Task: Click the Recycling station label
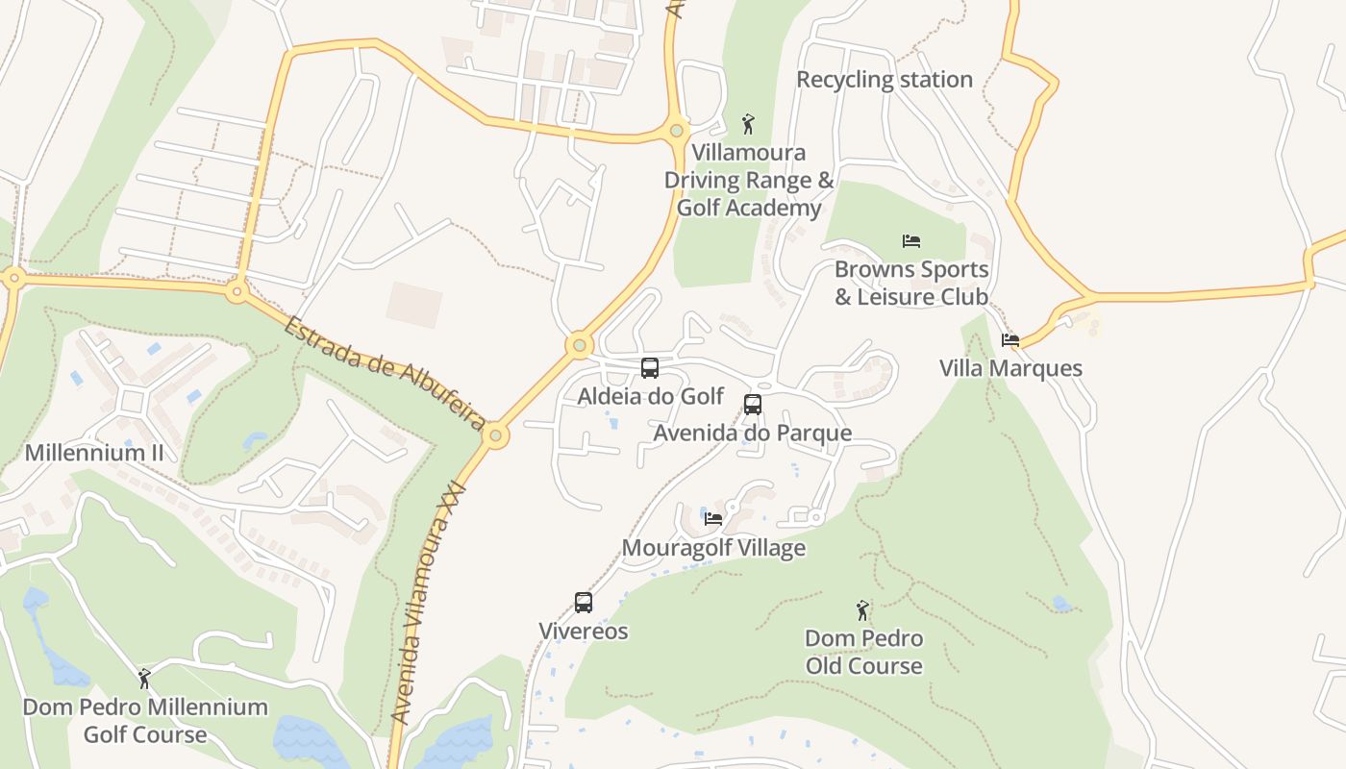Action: tap(885, 80)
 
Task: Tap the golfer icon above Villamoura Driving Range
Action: tap(748, 124)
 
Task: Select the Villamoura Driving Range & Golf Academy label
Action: tap(749, 180)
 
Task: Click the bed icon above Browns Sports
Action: tap(911, 241)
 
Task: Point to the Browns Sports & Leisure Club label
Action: tap(911, 284)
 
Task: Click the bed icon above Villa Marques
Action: tap(1009, 340)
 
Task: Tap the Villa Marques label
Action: tap(1010, 368)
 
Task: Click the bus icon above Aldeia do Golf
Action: tap(650, 368)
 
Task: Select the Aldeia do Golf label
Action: tap(651, 396)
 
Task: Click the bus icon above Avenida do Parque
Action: tap(753, 405)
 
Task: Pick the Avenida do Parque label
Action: tap(753, 433)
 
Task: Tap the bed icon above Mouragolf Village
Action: tap(713, 519)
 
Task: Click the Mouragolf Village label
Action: tap(713, 548)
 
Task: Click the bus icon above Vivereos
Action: tap(584, 603)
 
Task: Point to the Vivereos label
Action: tap(584, 632)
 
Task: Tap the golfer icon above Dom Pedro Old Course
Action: tap(862, 609)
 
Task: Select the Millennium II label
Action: tap(94, 453)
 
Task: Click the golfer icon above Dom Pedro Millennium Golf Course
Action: tap(144, 679)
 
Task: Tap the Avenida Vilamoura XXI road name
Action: tap(429, 606)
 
